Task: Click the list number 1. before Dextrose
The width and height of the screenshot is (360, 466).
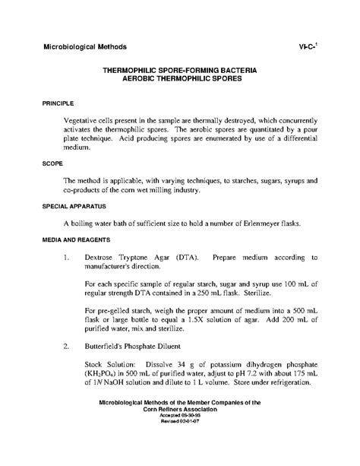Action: click(68, 257)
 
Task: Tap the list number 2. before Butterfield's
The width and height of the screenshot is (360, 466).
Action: click(68, 343)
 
